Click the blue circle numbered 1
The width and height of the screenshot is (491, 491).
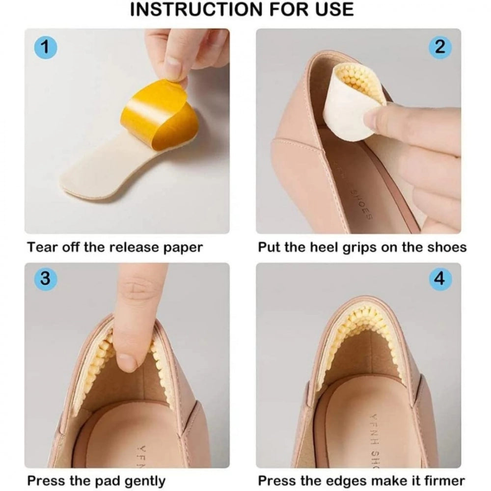click(x=45, y=48)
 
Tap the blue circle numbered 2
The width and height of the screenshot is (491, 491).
click(x=440, y=48)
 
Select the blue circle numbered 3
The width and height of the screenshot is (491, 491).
click(x=45, y=278)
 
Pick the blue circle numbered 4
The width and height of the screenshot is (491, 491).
click(x=440, y=278)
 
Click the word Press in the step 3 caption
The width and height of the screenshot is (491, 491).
click(x=45, y=480)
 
